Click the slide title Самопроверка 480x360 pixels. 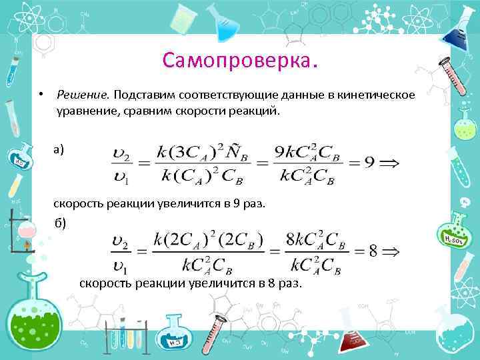[x=241, y=61]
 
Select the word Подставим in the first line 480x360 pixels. [x=145, y=96]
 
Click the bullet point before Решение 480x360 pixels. [x=41, y=95]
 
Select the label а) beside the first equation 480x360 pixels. [x=59, y=149]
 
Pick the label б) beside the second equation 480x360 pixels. [x=61, y=223]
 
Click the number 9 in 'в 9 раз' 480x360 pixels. [x=237, y=203]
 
